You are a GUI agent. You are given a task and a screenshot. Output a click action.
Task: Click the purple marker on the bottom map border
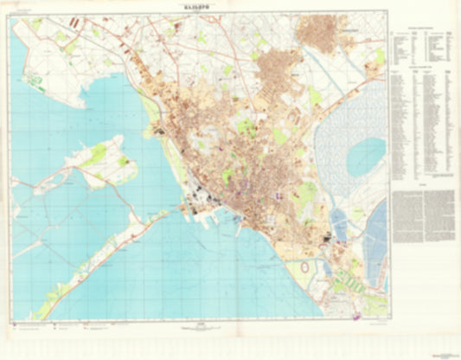[357, 318]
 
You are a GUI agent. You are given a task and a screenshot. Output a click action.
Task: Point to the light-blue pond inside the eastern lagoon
[365, 156]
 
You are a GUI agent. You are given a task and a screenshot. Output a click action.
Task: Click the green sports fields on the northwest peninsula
[35, 82]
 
